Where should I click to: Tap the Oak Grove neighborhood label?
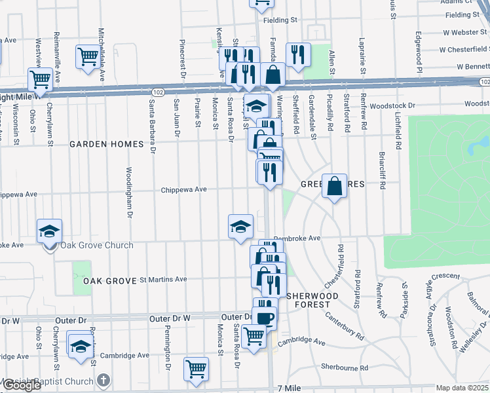pyautogui.click(x=108, y=280)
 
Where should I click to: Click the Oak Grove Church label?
pyautogui.click(x=96, y=246)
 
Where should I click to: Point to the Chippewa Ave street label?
pyautogui.click(x=185, y=189)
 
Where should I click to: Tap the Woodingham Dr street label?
pyautogui.click(x=129, y=191)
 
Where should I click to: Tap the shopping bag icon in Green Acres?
pyautogui.click(x=334, y=187)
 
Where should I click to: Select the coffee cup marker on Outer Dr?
pyautogui.click(x=265, y=318)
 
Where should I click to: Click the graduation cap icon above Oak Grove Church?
pyautogui.click(x=49, y=231)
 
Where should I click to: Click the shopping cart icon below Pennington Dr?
pyautogui.click(x=196, y=369)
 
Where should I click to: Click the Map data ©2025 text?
pyautogui.click(x=462, y=388)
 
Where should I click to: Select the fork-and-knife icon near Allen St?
pyautogui.click(x=298, y=56)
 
